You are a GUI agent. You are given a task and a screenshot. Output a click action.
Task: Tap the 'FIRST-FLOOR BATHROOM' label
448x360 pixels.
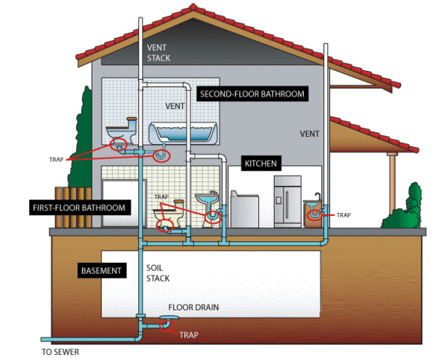[x=78, y=206]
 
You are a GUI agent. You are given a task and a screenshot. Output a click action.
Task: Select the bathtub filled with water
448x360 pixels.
[x=183, y=133]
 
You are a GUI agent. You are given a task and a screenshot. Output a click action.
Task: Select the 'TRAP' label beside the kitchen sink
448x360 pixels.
[x=343, y=215]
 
